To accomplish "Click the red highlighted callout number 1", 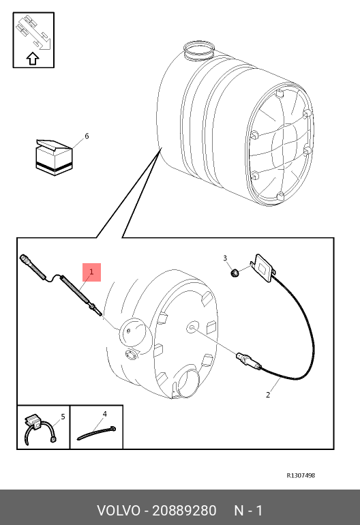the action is pos(91,272).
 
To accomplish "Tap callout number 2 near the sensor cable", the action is pos(268,395).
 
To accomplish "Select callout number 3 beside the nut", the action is pos(225,258).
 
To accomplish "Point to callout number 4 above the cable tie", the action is pos(104,414).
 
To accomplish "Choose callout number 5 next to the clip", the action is pos(63,417).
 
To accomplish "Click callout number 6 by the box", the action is pos(87,136).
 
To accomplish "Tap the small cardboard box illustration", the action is pos(54,157).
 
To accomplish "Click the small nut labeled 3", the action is pos(235,273).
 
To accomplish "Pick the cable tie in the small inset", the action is pos(96,433).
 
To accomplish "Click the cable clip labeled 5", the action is pos(40,430).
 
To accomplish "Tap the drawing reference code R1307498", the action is pos(301,475).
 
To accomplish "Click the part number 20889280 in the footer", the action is pos(184,511).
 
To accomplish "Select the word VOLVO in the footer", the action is pos(119,511).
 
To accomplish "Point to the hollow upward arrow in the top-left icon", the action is pos(33,58).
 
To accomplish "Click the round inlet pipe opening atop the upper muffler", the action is pos(200,50).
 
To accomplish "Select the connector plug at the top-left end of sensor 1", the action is pos(25,260).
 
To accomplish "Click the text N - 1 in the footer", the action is pos(248,511).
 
